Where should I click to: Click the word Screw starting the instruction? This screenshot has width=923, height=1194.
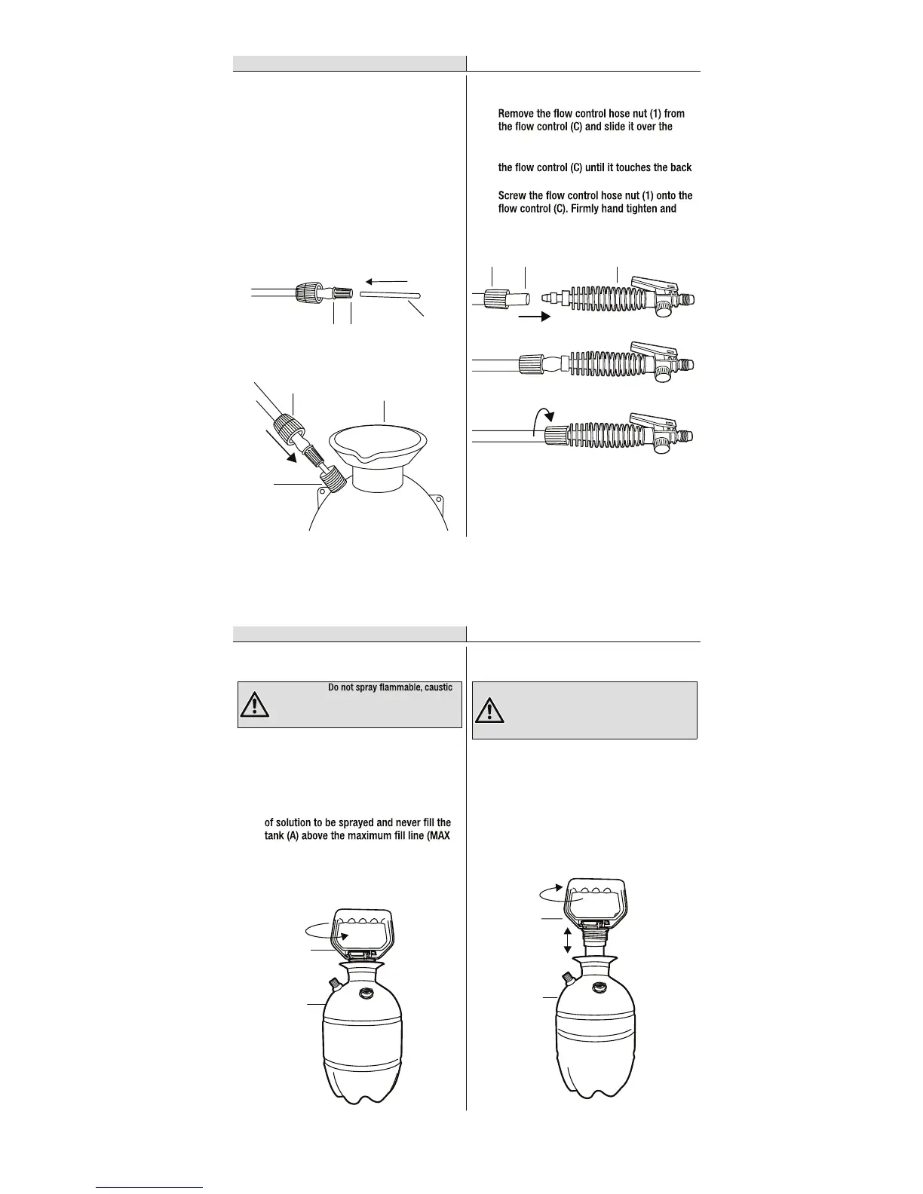coord(513,196)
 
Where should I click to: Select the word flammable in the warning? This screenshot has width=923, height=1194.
coord(400,687)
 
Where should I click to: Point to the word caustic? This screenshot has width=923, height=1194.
coord(439,687)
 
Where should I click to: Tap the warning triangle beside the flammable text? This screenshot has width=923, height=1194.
coord(255,704)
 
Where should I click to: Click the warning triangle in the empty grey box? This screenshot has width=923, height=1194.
coord(490,710)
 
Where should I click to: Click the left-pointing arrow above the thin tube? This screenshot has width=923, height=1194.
coord(386,281)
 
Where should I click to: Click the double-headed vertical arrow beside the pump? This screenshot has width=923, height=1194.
coord(567,940)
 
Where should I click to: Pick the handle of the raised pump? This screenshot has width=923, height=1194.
coord(596,898)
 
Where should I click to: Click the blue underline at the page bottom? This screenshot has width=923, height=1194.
coord(149,1187)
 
